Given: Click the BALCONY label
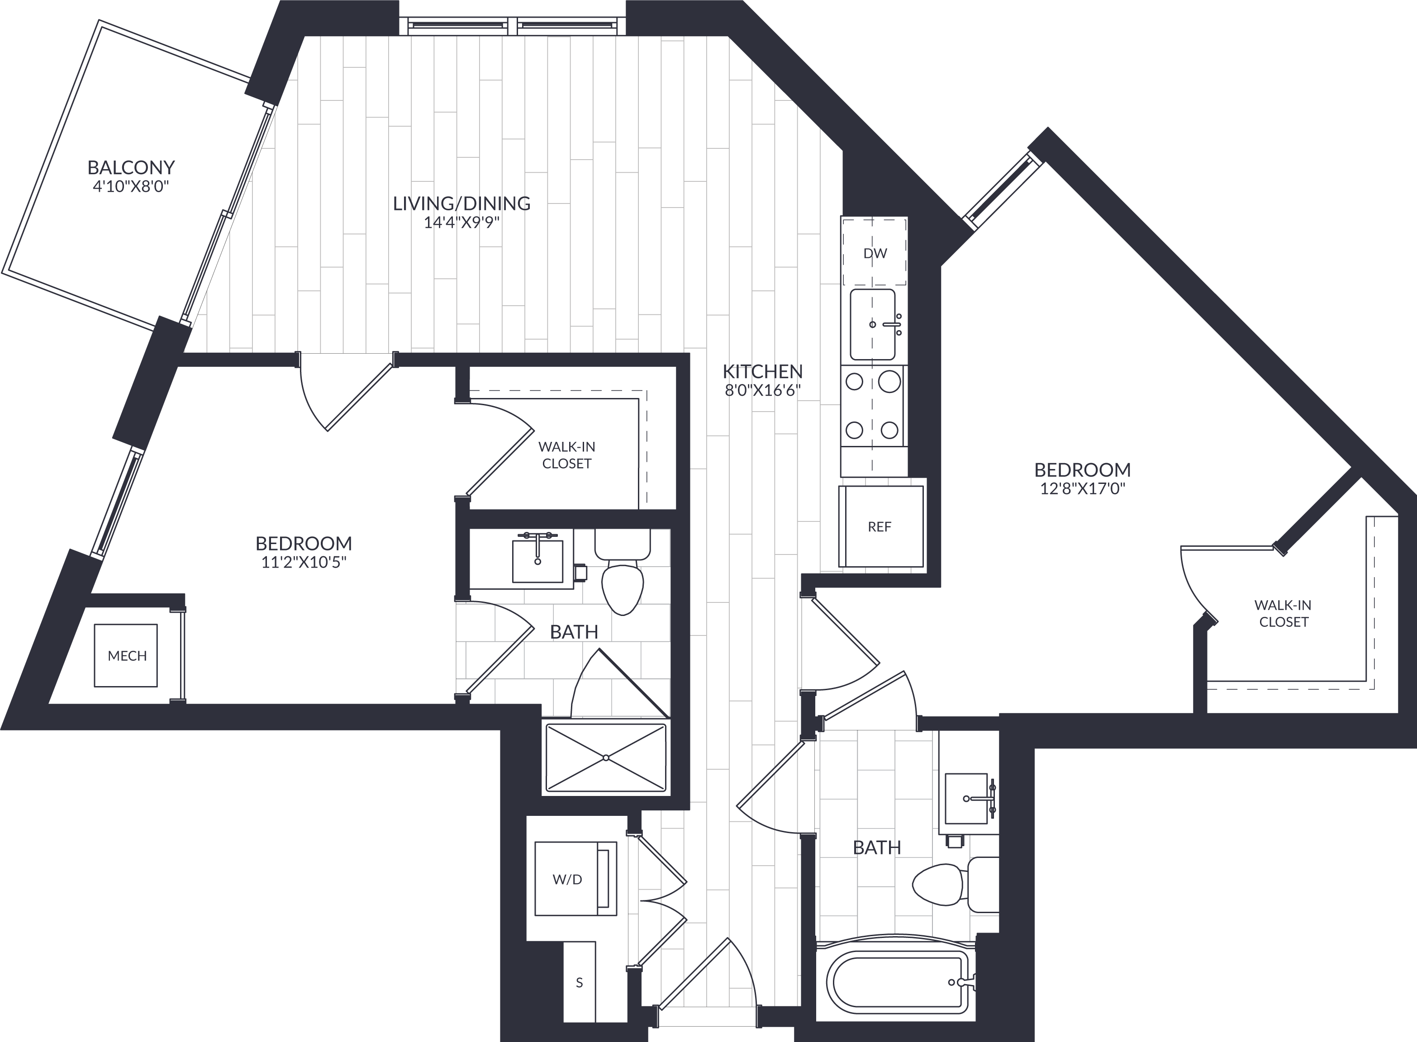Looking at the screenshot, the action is click(x=131, y=167).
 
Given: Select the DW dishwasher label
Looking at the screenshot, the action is click(x=875, y=254).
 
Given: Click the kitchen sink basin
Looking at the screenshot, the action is click(x=873, y=324).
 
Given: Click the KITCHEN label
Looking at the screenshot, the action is click(x=763, y=371).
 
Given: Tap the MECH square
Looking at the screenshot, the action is click(x=126, y=655).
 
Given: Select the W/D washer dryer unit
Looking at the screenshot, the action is click(x=575, y=878).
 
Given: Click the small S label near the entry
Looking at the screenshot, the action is click(x=579, y=983).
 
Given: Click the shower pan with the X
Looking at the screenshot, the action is click(x=606, y=757).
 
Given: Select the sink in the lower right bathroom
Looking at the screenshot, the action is click(x=966, y=799).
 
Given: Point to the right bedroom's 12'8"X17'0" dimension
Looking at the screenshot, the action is click(x=1083, y=489).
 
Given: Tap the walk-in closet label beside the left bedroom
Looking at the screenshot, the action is click(x=566, y=455).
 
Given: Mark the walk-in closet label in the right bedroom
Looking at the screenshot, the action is click(x=1283, y=613).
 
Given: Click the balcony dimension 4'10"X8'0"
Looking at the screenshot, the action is click(x=131, y=187).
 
